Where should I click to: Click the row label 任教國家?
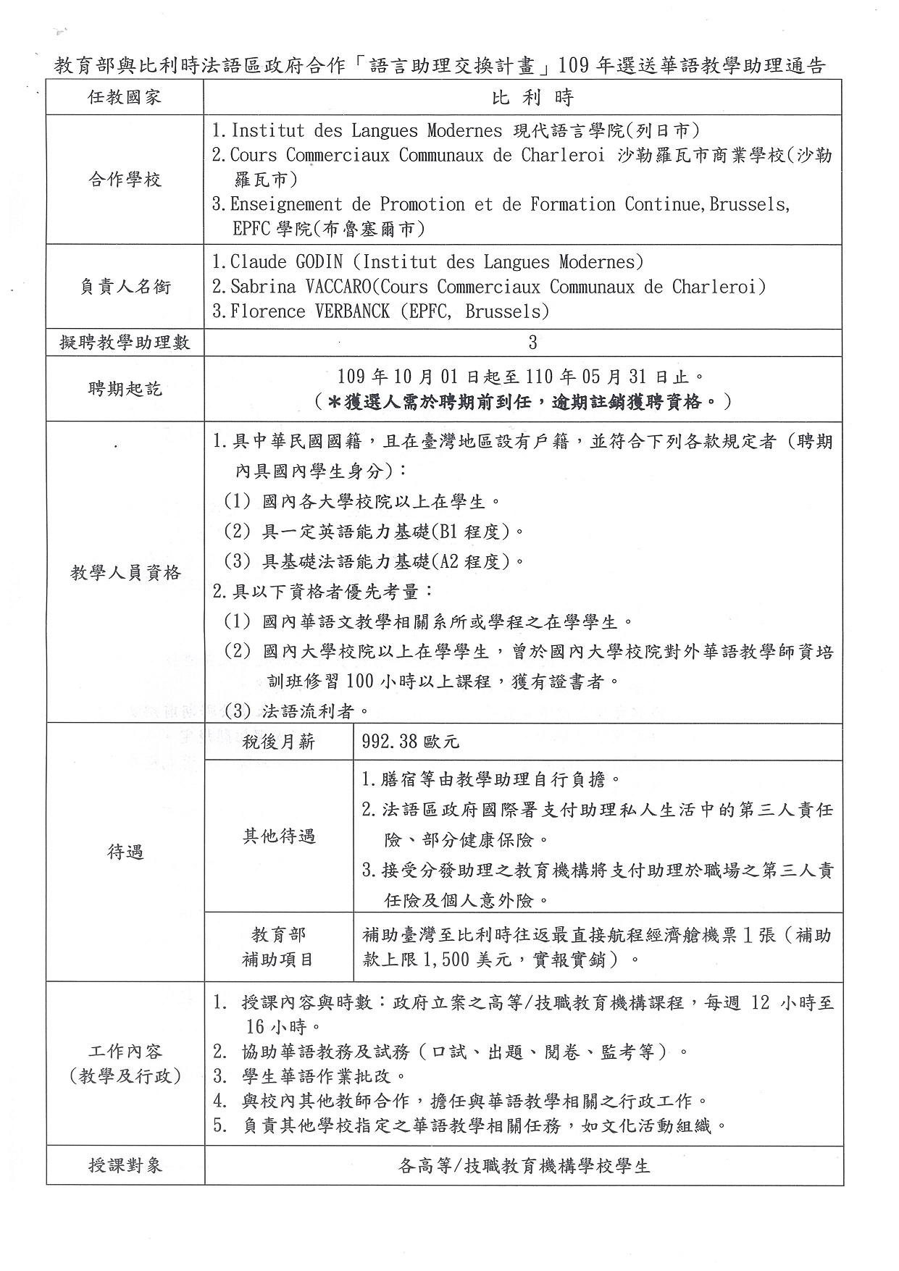[x=125, y=98]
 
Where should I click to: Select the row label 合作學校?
[x=125, y=180]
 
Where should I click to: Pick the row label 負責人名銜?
[x=125, y=287]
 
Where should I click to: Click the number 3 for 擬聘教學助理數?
[x=532, y=343]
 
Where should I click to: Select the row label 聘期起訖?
[x=125, y=389]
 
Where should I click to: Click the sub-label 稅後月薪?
[x=279, y=742]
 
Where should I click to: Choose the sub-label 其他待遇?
[x=279, y=836]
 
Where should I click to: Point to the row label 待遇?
[x=125, y=852]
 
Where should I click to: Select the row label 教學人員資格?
[x=125, y=573]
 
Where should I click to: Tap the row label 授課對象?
[x=125, y=1165]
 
